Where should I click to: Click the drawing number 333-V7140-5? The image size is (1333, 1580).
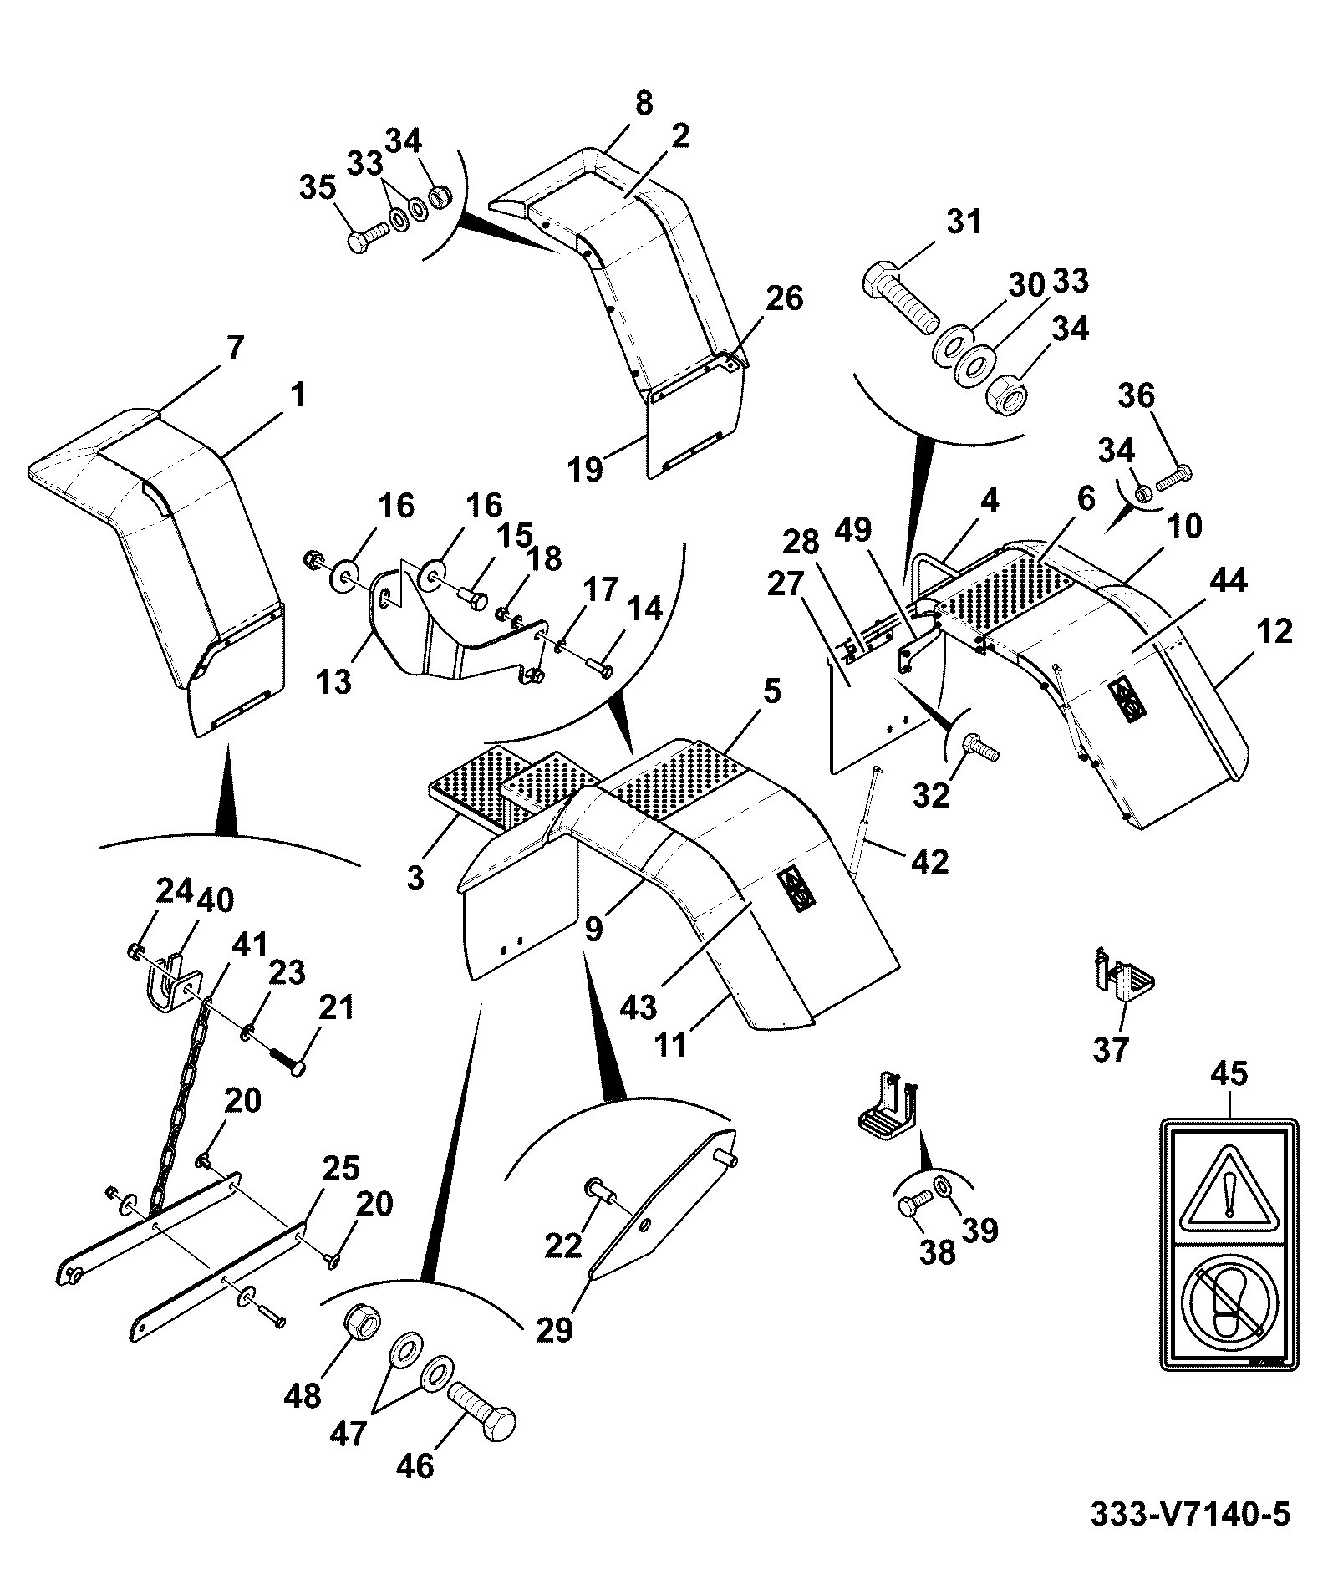click(x=1191, y=1515)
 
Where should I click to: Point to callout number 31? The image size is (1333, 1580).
click(x=964, y=223)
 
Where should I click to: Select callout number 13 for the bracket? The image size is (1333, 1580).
click(x=334, y=682)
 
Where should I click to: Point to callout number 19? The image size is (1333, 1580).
click(x=586, y=470)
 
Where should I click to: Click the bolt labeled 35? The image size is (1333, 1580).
click(x=364, y=239)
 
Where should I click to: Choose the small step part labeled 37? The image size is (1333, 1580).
click(x=1124, y=979)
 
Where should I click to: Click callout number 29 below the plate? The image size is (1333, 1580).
click(x=554, y=1328)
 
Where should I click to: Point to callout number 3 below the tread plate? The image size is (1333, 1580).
click(x=415, y=878)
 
